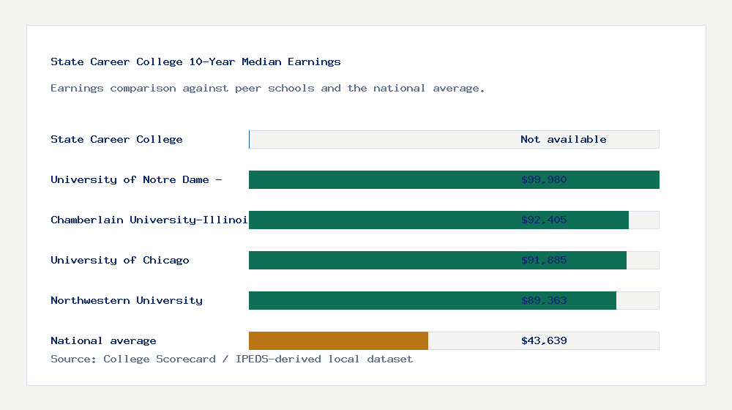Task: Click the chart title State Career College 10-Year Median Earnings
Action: click(195, 61)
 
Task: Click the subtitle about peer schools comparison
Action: click(267, 88)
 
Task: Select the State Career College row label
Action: click(116, 139)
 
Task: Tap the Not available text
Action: click(563, 139)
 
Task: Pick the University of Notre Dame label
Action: click(136, 179)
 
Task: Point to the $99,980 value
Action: click(544, 179)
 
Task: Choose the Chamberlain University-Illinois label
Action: click(149, 220)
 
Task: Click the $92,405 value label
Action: click(544, 220)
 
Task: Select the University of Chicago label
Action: click(120, 260)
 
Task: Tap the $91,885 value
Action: click(544, 260)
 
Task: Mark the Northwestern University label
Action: click(127, 300)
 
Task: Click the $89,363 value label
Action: click(544, 300)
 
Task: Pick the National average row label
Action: click(103, 340)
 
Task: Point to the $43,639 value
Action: click(544, 340)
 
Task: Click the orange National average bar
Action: click(338, 340)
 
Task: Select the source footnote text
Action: click(231, 359)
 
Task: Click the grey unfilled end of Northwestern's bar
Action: click(638, 300)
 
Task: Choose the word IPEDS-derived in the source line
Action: click(272, 359)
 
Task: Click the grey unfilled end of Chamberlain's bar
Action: click(644, 220)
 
